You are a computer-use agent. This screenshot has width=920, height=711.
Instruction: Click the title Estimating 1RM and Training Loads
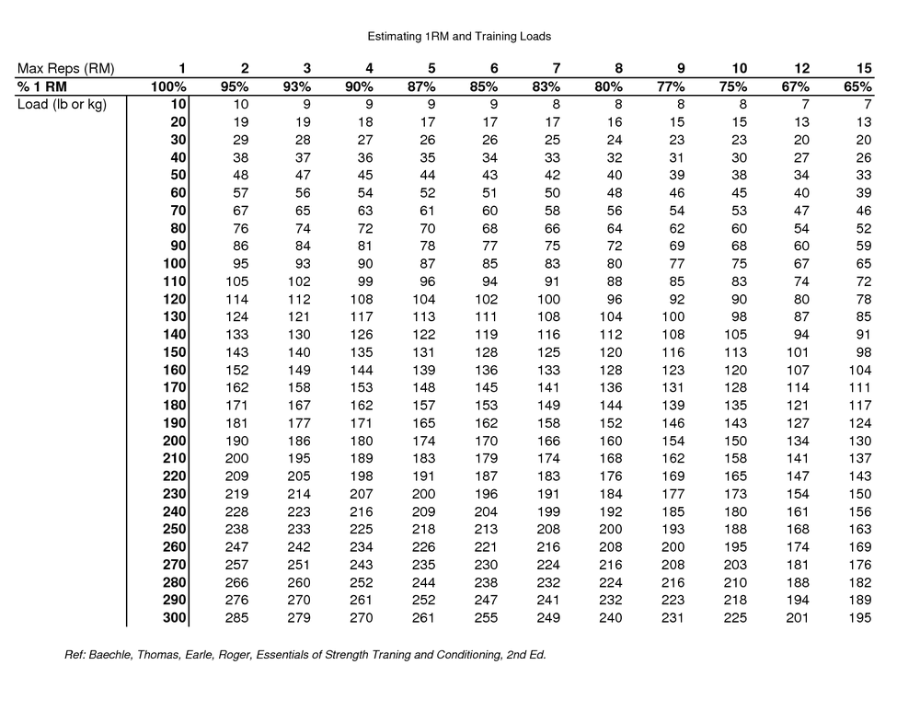(x=459, y=36)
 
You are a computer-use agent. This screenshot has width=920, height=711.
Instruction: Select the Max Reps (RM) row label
(x=65, y=68)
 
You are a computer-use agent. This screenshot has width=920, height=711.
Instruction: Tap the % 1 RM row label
(x=42, y=86)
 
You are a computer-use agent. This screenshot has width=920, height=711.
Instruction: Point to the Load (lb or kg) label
(x=63, y=104)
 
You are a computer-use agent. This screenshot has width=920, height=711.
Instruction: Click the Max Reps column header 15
(x=862, y=68)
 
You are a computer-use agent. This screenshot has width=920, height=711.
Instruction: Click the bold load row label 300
(x=175, y=618)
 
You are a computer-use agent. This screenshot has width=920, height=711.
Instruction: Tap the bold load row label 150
(x=175, y=352)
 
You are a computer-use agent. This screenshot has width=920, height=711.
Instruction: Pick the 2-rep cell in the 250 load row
(x=238, y=530)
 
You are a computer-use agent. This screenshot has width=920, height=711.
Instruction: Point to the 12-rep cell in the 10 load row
(x=805, y=104)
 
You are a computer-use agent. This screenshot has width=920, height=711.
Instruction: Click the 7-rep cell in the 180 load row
(x=548, y=406)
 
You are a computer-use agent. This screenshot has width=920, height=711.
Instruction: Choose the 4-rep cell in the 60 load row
(x=365, y=192)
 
